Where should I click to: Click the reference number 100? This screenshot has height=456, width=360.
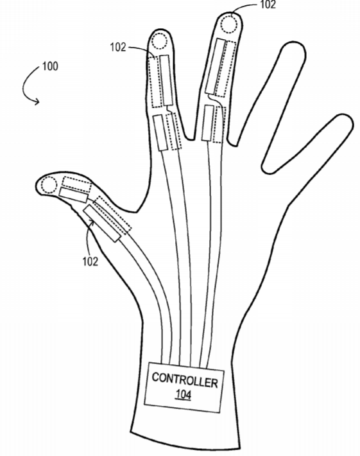pos(50,66)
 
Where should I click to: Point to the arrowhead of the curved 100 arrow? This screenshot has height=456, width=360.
pos(37,101)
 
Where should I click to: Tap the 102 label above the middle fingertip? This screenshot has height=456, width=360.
pos(268,4)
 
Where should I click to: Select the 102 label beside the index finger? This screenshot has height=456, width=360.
pos(118,47)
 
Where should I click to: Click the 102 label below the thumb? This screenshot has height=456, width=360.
pos(90,261)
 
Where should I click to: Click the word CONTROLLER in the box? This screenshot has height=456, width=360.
pos(185,380)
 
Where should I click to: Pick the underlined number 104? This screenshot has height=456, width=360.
pos(184,394)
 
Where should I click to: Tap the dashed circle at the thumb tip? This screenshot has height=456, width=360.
pos(49,185)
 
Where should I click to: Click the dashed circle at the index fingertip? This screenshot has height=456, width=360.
pos(159,41)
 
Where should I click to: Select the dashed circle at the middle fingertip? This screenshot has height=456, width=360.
pos(229,24)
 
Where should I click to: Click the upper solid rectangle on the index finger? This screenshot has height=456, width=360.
pos(166,80)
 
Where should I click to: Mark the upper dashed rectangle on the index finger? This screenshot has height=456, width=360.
pos(155,82)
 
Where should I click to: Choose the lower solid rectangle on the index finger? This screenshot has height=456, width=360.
pos(160,132)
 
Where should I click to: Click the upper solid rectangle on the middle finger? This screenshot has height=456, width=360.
pos(216,67)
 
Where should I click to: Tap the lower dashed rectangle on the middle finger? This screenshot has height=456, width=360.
pos(219,125)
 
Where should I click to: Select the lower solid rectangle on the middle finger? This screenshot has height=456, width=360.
pos(208,123)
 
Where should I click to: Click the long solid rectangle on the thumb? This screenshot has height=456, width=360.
pos(102,224)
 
